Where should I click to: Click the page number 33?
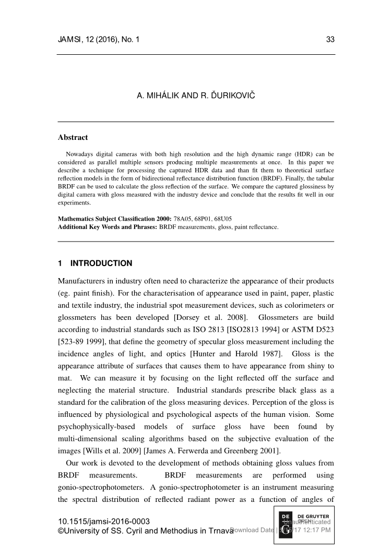330,39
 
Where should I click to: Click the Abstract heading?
73,138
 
